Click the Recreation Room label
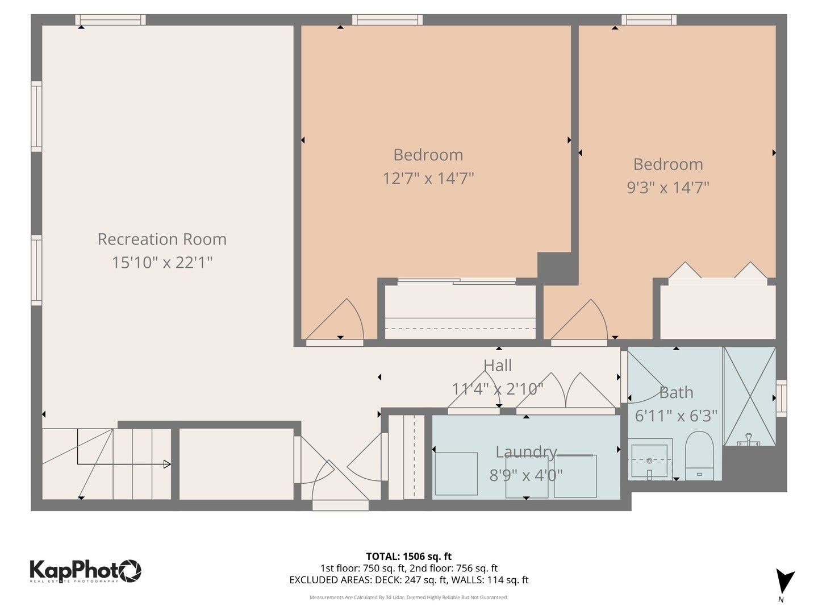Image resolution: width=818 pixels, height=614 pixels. tap(162, 239)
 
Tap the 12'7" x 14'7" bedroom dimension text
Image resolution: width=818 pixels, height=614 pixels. tap(428, 179)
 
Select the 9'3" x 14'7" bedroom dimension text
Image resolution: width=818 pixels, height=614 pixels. tap(668, 188)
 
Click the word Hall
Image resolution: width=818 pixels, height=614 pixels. tap(498, 366)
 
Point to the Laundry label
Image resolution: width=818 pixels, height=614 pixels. tap(526, 452)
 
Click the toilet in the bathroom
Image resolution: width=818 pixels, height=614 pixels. tap(699, 455)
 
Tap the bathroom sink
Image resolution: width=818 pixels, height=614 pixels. tap(650, 459)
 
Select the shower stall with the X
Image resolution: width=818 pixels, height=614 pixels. tap(749, 396)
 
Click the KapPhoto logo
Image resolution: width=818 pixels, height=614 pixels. tap(85, 570)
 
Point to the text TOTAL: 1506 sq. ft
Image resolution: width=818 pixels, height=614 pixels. tap(408, 557)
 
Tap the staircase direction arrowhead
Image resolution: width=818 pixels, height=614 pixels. tap(167, 464)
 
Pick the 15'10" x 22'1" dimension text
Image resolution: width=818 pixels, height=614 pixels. tap(162, 263)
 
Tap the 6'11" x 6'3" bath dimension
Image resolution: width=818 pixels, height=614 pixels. tap(676, 416)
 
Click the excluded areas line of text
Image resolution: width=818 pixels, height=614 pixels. tap(408, 580)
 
